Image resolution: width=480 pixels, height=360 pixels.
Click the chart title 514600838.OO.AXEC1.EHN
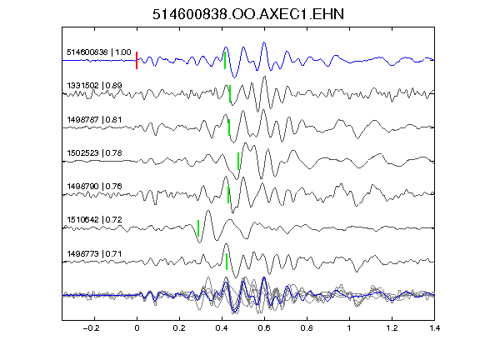pyautogui.click(x=248, y=14)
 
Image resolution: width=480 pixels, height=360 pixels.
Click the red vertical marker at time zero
pyautogui.click(x=137, y=60)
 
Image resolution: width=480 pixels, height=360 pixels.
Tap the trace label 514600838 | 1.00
pyautogui.click(x=99, y=52)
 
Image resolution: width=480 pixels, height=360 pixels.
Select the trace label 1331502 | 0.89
pyautogui.click(x=95, y=85)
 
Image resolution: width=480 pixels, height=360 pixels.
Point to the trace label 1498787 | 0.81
pyautogui.click(x=95, y=119)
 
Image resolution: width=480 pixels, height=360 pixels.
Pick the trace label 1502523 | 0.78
pyautogui.click(x=95, y=152)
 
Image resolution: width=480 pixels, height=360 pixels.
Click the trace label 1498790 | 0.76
pyautogui.click(x=95, y=186)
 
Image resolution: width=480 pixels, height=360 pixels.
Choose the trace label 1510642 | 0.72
pyautogui.click(x=95, y=219)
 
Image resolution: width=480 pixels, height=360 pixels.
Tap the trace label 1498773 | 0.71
pyautogui.click(x=95, y=254)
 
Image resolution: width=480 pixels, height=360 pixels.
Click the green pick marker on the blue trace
pyautogui.click(x=225, y=60)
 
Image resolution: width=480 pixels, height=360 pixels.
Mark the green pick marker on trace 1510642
pyautogui.click(x=198, y=228)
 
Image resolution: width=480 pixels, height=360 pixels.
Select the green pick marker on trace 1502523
pyautogui.click(x=238, y=161)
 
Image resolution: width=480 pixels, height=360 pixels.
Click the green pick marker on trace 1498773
pyautogui.click(x=227, y=262)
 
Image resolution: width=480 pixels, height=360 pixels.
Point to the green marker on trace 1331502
pyautogui.click(x=230, y=93)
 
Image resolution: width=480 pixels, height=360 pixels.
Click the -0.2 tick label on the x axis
pyautogui.click(x=92, y=328)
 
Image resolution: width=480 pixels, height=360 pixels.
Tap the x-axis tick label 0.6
pyautogui.click(x=264, y=328)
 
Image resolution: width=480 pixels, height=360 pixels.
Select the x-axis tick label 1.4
pyautogui.click(x=434, y=328)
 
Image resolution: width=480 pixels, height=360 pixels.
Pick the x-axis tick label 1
pyautogui.click(x=349, y=328)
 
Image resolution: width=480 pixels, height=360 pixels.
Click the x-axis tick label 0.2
pyautogui.click(x=179, y=328)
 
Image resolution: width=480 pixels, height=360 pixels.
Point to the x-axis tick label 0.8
pyautogui.click(x=307, y=328)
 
